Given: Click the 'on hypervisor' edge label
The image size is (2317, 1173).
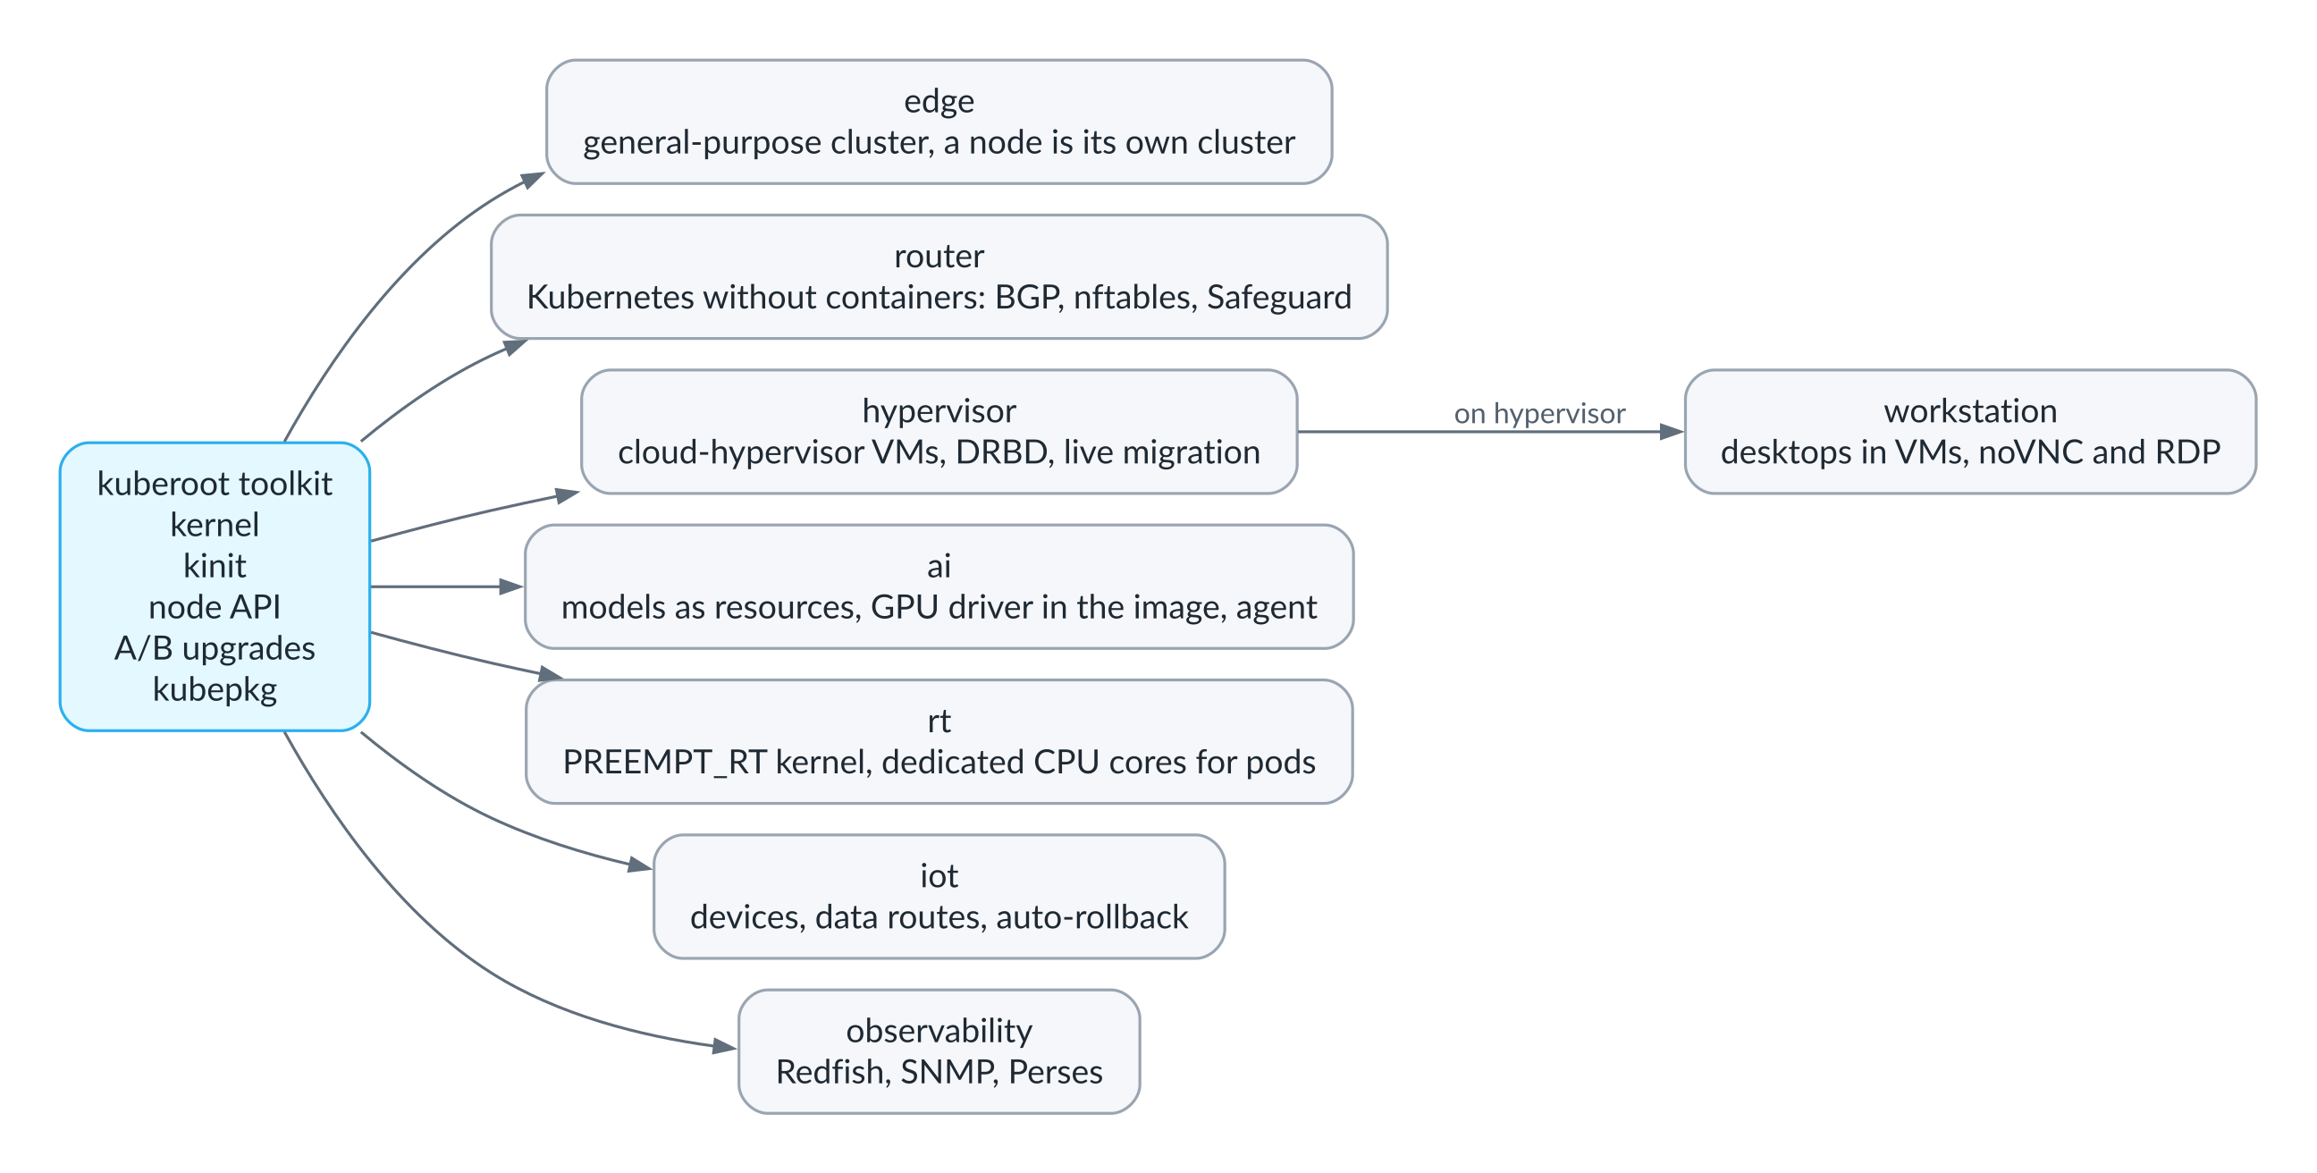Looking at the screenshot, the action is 1539,413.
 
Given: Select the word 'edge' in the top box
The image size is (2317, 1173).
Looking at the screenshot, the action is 938,102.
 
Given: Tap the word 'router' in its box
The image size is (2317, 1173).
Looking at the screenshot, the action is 938,257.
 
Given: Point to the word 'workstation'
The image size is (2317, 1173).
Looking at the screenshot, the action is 1970,411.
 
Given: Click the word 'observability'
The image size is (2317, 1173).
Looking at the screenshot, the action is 938,1031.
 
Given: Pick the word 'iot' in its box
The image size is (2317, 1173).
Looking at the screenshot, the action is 938,875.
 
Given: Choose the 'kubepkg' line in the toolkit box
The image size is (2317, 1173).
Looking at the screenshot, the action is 214,691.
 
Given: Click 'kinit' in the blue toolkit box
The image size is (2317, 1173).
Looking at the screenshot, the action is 214,566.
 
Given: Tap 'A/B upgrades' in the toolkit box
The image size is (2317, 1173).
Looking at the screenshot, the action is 214,648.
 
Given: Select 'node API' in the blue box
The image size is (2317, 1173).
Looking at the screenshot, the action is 214,607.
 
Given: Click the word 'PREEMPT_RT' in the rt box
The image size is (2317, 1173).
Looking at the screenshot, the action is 664,763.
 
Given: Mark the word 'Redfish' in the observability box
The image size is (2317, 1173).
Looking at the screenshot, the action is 833,1072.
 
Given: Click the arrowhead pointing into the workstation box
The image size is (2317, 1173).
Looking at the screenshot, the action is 1672,432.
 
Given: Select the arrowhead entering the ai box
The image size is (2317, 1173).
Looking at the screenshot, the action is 511,586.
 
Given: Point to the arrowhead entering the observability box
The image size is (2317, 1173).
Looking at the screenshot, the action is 724,1045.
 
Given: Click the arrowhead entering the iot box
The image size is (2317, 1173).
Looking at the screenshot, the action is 639,865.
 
